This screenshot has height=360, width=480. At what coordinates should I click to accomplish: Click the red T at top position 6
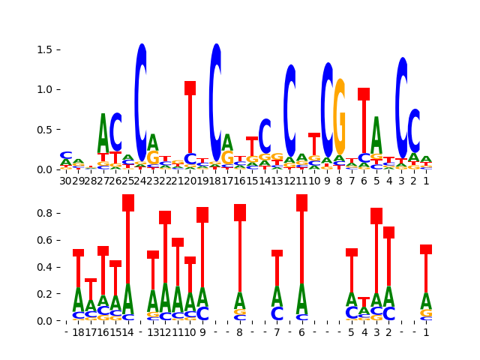pyautogui.click(x=364, y=120)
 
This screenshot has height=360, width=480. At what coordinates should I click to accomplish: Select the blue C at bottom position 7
pyautogui.click(x=277, y=313)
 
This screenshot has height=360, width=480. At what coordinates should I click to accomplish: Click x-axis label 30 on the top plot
pyautogui.click(x=66, y=181)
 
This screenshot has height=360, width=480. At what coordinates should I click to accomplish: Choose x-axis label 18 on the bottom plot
pyautogui.click(x=78, y=332)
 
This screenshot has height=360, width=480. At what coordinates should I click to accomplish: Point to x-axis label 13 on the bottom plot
pyautogui.click(x=153, y=332)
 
